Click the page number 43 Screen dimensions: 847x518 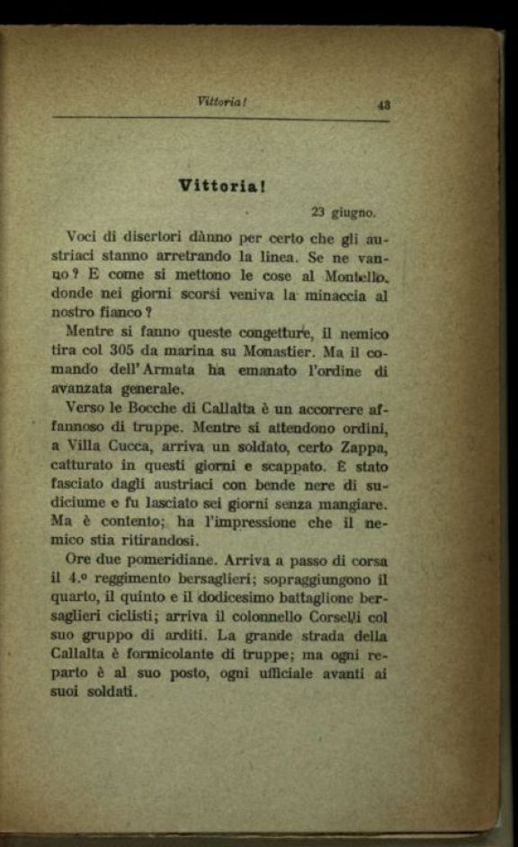pos(383,104)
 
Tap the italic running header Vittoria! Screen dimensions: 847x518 pos(221,101)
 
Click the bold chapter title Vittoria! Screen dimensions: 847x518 pos(220,186)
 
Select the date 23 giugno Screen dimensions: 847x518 pos(343,213)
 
